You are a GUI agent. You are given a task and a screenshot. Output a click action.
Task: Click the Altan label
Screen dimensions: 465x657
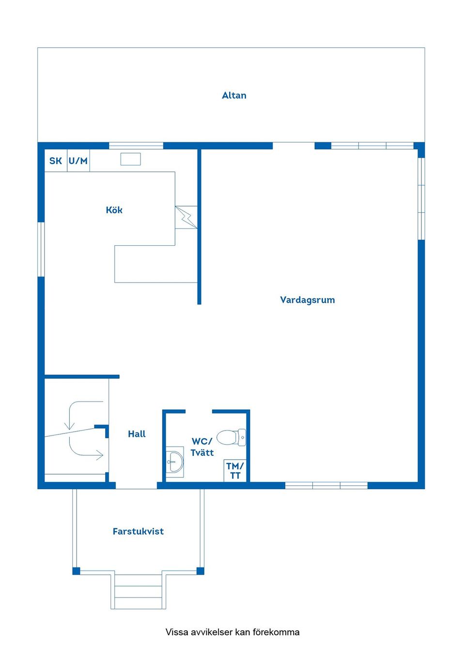pos(234,95)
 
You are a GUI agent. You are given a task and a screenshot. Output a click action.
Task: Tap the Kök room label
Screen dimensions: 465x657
pos(114,210)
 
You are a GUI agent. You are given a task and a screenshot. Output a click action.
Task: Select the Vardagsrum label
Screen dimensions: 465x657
pos(308,300)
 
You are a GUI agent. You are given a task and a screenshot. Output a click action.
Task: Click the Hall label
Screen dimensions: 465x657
pos(137,434)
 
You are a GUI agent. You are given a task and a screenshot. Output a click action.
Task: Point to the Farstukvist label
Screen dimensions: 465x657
pos(138,531)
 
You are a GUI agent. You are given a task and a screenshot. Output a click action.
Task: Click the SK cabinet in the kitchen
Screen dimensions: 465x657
pos(56,161)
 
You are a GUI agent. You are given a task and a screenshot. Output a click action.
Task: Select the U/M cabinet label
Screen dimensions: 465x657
pos(78,161)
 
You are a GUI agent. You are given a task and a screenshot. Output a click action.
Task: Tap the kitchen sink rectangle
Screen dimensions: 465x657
pos(131,159)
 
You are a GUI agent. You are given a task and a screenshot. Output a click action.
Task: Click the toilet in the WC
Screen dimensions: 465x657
pos(232,437)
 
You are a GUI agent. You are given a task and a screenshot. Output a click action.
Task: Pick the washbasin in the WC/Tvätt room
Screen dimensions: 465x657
pos(175,462)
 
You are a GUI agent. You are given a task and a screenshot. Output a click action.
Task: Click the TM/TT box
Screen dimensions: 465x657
pos(235,470)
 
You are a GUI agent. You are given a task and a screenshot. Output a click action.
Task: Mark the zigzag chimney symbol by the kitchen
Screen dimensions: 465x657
pos(186,217)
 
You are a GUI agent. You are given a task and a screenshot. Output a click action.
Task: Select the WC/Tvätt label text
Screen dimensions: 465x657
pos(202,447)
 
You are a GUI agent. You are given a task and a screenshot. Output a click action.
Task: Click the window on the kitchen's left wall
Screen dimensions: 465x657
pos(41,249)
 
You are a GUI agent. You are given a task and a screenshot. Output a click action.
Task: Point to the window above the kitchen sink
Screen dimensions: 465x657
pos(136,146)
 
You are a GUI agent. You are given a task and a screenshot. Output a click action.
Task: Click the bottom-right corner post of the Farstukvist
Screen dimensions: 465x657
pos(200,571)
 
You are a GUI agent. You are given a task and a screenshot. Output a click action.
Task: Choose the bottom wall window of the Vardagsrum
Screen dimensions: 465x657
pos(326,485)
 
